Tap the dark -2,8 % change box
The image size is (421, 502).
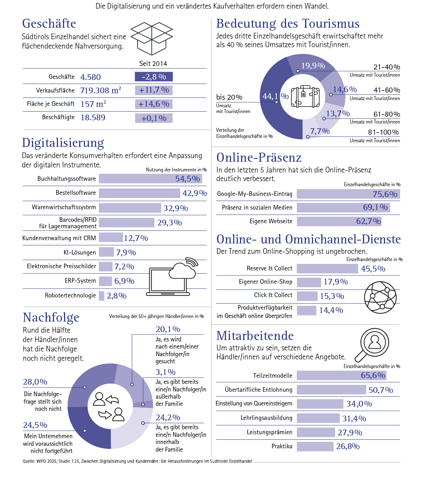tap(154, 77)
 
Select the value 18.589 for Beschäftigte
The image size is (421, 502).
tap(93, 118)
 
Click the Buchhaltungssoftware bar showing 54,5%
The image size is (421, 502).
tap(150, 179)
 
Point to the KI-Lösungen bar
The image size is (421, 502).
tap(107, 252)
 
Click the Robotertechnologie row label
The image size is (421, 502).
tap(71, 295)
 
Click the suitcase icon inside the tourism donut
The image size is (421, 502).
tap(305, 97)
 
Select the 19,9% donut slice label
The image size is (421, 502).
tap(313, 66)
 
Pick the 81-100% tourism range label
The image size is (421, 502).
tap(383, 132)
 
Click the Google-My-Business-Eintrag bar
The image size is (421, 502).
tap(348, 194)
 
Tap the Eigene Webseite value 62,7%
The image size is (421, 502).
tap(368, 221)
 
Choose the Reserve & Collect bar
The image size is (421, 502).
tap(327, 269)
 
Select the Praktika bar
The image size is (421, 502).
tap(315, 447)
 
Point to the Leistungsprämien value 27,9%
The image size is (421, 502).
tap(350, 432)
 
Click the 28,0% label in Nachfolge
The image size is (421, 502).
tap(35, 382)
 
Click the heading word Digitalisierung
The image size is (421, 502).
tap(63, 143)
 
